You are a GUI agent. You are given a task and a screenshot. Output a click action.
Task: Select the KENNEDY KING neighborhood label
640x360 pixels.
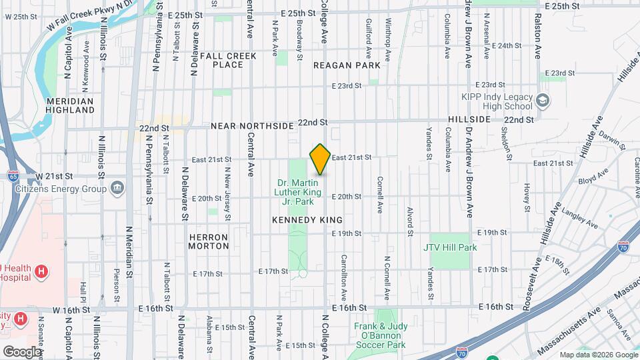(307, 219)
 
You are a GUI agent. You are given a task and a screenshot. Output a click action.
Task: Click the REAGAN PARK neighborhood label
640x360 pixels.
(347, 65)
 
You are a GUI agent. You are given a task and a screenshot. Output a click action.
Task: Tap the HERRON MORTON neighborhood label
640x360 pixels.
(209, 241)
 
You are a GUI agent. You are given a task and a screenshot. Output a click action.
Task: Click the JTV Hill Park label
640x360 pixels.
(450, 247)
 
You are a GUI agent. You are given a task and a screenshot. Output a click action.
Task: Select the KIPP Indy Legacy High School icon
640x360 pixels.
(543, 100)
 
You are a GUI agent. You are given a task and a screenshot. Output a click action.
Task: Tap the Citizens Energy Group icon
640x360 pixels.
(118, 188)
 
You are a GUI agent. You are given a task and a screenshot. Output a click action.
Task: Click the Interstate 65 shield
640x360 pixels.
(14, 175)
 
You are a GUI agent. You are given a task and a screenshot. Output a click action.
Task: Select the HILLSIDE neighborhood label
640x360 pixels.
(469, 119)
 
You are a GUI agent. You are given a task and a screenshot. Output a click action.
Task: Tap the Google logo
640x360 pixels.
(22, 351)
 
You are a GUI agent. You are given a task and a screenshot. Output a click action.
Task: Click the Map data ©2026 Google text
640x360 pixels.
(598, 355)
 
